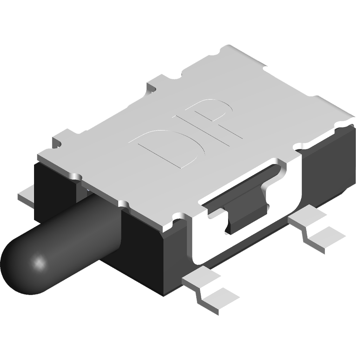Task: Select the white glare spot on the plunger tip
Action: pos(39,262)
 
